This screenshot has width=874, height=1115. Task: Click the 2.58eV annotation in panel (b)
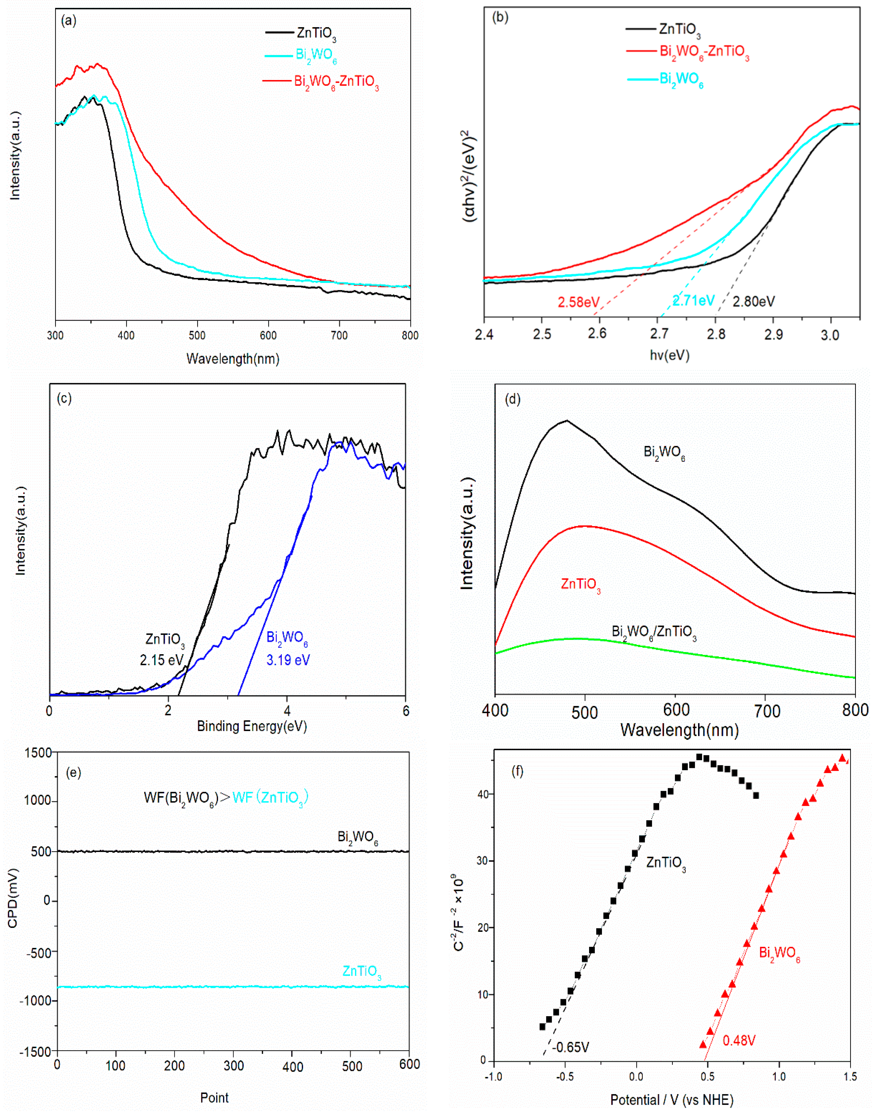[x=578, y=302]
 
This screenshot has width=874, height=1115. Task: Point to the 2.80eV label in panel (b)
[x=753, y=302]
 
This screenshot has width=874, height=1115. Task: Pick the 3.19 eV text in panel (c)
[x=288, y=660]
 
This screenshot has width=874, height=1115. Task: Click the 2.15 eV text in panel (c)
[x=161, y=660]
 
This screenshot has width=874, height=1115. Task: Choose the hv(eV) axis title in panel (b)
[x=669, y=355]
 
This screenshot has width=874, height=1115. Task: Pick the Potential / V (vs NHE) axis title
[x=671, y=1100]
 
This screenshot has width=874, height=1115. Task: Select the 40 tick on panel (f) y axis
[x=483, y=794]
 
